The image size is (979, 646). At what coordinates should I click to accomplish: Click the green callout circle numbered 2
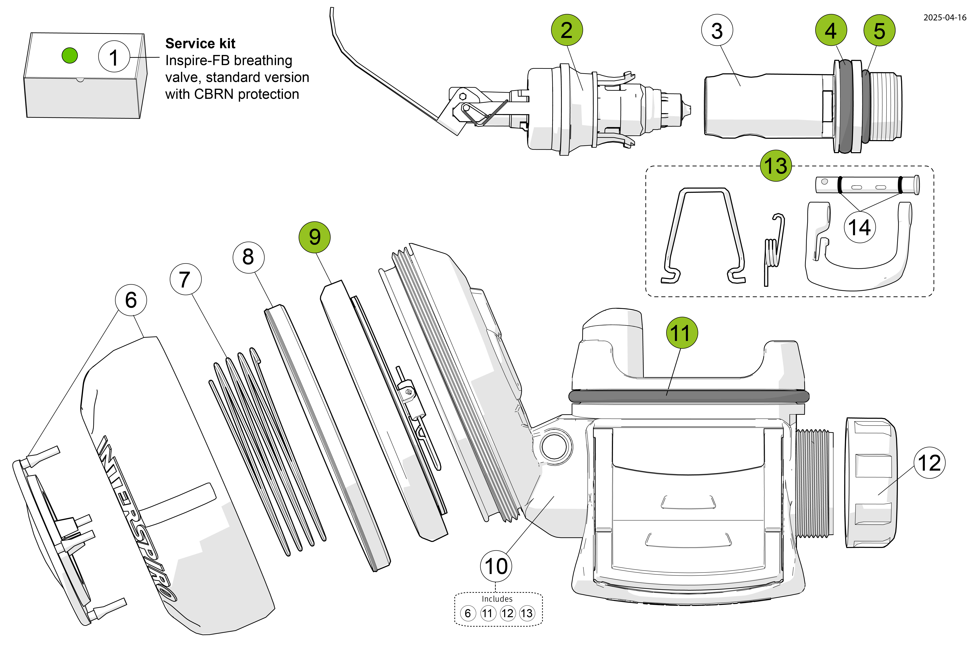click(567, 30)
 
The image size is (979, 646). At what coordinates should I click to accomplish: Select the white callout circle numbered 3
click(717, 30)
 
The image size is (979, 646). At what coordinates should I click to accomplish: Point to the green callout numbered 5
click(879, 30)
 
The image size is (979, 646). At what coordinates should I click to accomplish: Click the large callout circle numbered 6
click(131, 300)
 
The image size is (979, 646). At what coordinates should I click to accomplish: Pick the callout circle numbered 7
click(185, 279)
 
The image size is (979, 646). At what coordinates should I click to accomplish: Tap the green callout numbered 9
click(315, 237)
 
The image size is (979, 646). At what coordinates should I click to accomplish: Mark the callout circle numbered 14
click(860, 227)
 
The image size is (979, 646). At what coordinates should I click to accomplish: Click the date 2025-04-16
click(944, 17)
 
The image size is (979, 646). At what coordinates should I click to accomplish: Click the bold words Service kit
click(200, 43)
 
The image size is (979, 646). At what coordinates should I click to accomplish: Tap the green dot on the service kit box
click(70, 55)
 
